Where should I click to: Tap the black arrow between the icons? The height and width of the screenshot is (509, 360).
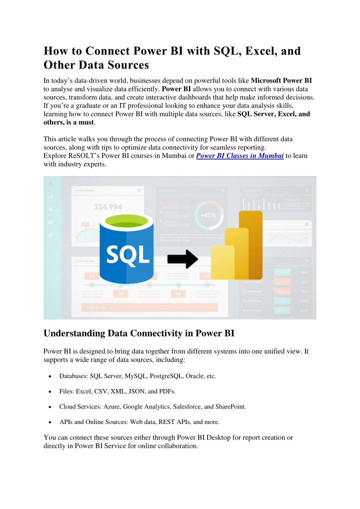click(182, 258)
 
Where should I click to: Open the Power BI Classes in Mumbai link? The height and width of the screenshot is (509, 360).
click(240, 156)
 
